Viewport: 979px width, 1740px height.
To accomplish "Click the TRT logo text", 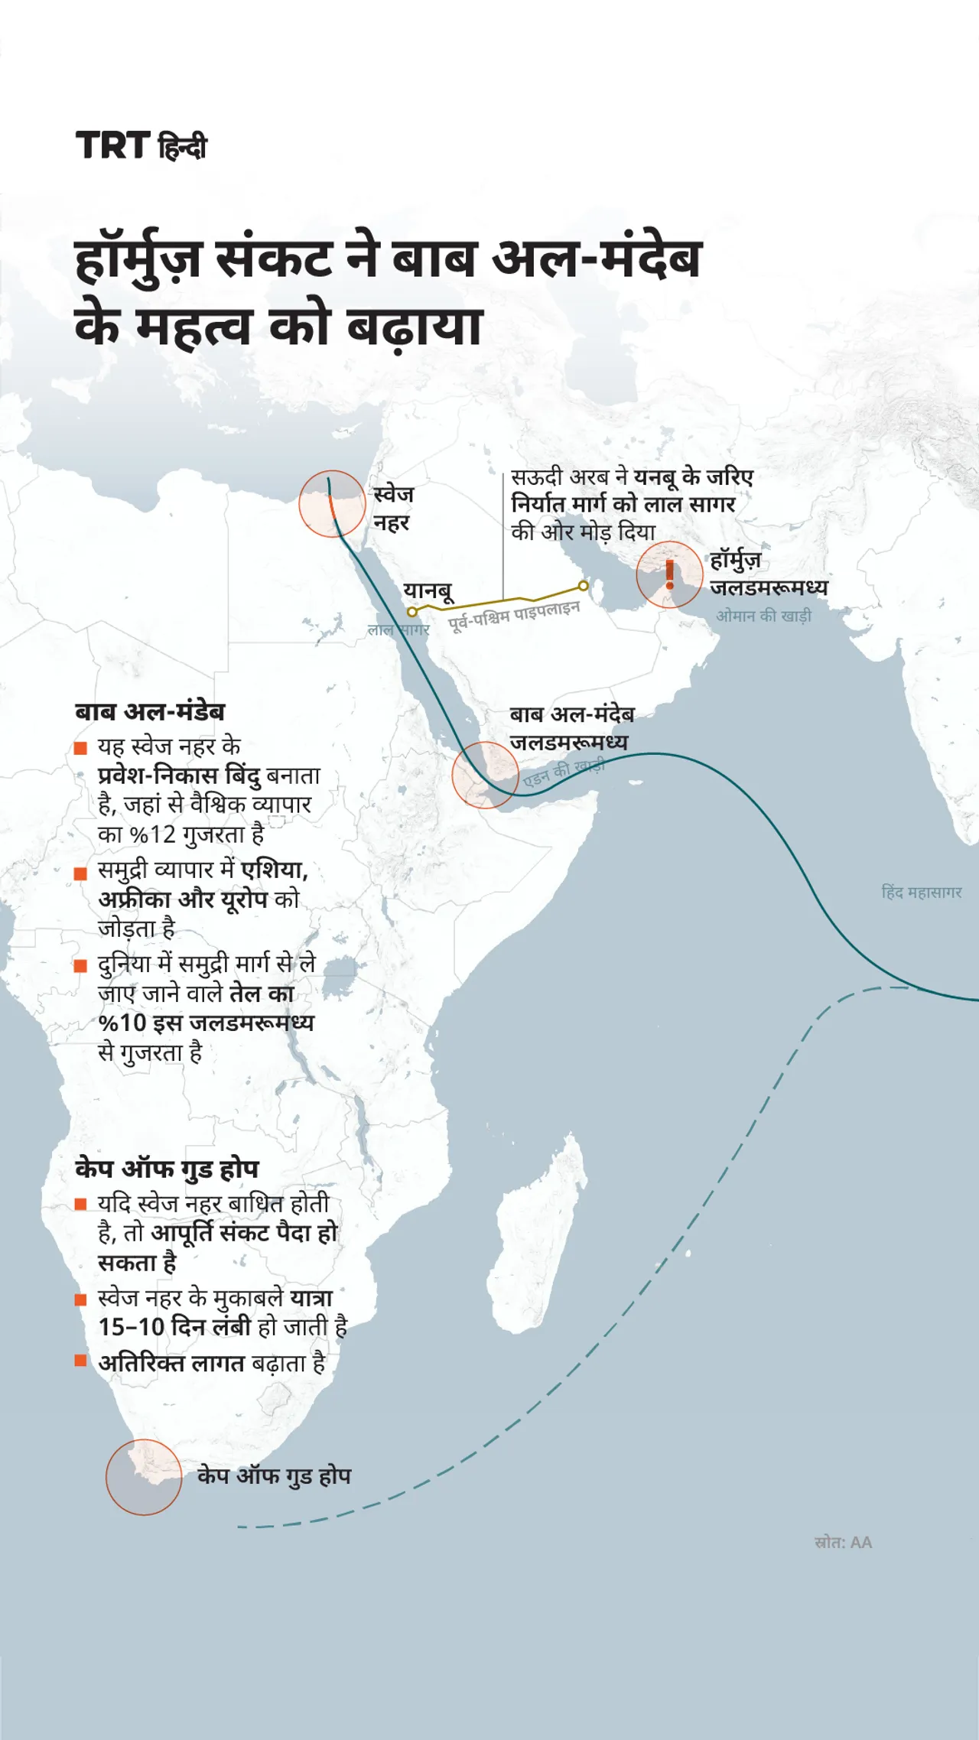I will [112, 145].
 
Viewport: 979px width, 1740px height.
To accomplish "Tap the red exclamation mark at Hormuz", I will [670, 574].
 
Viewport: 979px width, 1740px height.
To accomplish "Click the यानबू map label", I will [428, 591].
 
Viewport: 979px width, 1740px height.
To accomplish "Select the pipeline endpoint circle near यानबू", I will [412, 612].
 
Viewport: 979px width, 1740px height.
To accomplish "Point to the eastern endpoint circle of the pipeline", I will [584, 586].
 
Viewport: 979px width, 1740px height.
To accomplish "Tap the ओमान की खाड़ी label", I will [763, 616].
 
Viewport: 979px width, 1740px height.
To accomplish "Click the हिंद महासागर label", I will [922, 892].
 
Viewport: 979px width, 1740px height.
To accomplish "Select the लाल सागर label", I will [398, 629].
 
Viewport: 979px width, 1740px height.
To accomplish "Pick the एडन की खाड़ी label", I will [564, 772].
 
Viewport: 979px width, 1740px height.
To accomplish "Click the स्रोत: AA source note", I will [843, 1543].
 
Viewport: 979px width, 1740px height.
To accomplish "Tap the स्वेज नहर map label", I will [393, 509].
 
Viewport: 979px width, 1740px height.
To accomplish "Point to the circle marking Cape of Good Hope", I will [144, 1477].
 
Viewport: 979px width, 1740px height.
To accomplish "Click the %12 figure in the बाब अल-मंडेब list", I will [152, 834].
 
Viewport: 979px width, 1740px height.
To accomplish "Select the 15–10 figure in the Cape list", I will [131, 1327].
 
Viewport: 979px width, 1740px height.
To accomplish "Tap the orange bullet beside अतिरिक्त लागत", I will [80, 1361].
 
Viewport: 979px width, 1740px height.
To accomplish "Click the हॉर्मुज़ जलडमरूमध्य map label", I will [768, 574].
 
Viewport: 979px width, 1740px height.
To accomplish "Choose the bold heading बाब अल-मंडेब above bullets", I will [150, 712].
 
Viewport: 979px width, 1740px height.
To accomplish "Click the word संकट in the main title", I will [275, 259].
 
